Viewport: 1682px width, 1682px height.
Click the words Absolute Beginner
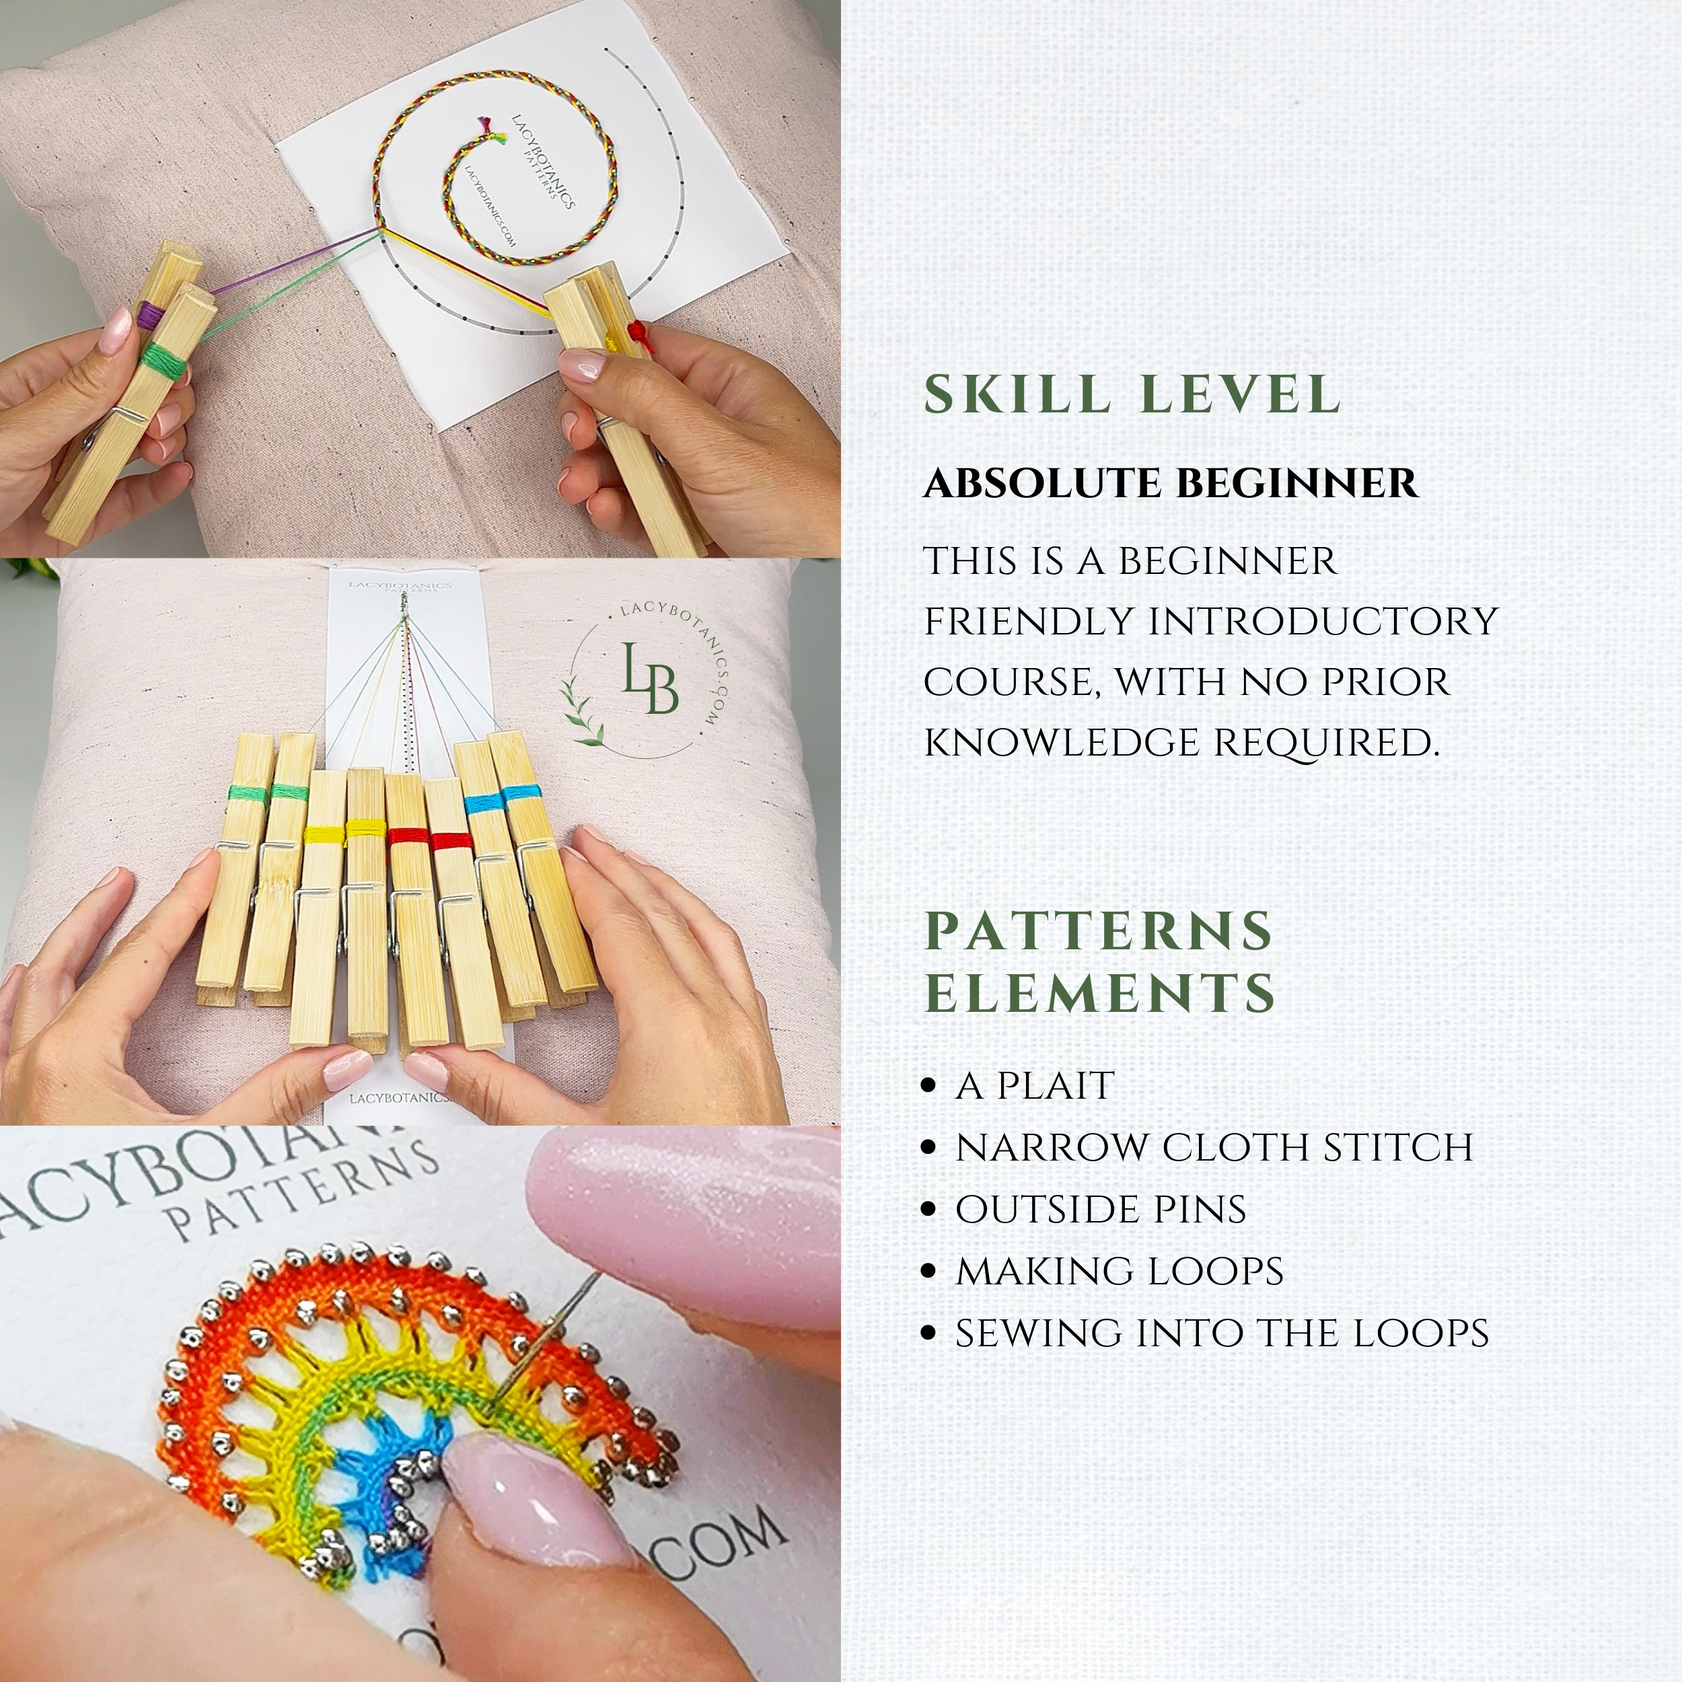tap(1170, 484)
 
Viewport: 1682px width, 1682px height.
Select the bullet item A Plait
tap(1034, 1086)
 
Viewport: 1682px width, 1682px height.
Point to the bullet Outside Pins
tap(1101, 1209)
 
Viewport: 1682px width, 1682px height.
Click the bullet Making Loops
tap(1119, 1271)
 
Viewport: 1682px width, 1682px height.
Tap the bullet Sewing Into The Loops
tap(1221, 1333)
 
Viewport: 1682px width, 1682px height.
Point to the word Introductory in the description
tap(1323, 622)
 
